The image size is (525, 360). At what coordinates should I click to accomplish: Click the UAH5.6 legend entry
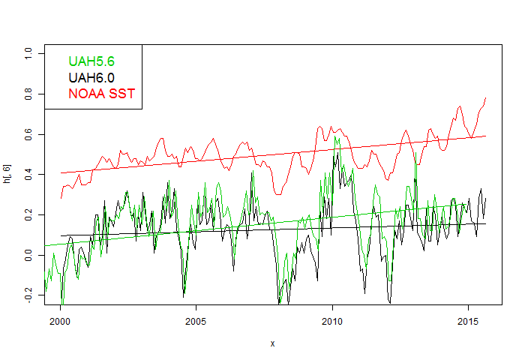91,61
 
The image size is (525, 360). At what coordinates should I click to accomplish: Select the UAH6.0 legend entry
91,77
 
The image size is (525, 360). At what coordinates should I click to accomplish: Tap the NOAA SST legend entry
101,94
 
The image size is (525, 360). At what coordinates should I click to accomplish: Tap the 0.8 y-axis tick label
28,94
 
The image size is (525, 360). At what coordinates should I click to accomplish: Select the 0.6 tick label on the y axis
28,135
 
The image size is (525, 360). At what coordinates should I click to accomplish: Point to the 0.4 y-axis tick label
28,175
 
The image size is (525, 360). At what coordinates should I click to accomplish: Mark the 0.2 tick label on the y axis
28,216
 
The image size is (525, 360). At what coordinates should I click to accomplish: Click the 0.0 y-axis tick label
28,256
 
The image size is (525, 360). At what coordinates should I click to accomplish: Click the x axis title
272,343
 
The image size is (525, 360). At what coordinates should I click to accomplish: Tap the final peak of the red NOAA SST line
486,97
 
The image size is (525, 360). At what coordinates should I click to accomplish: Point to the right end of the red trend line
486,136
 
